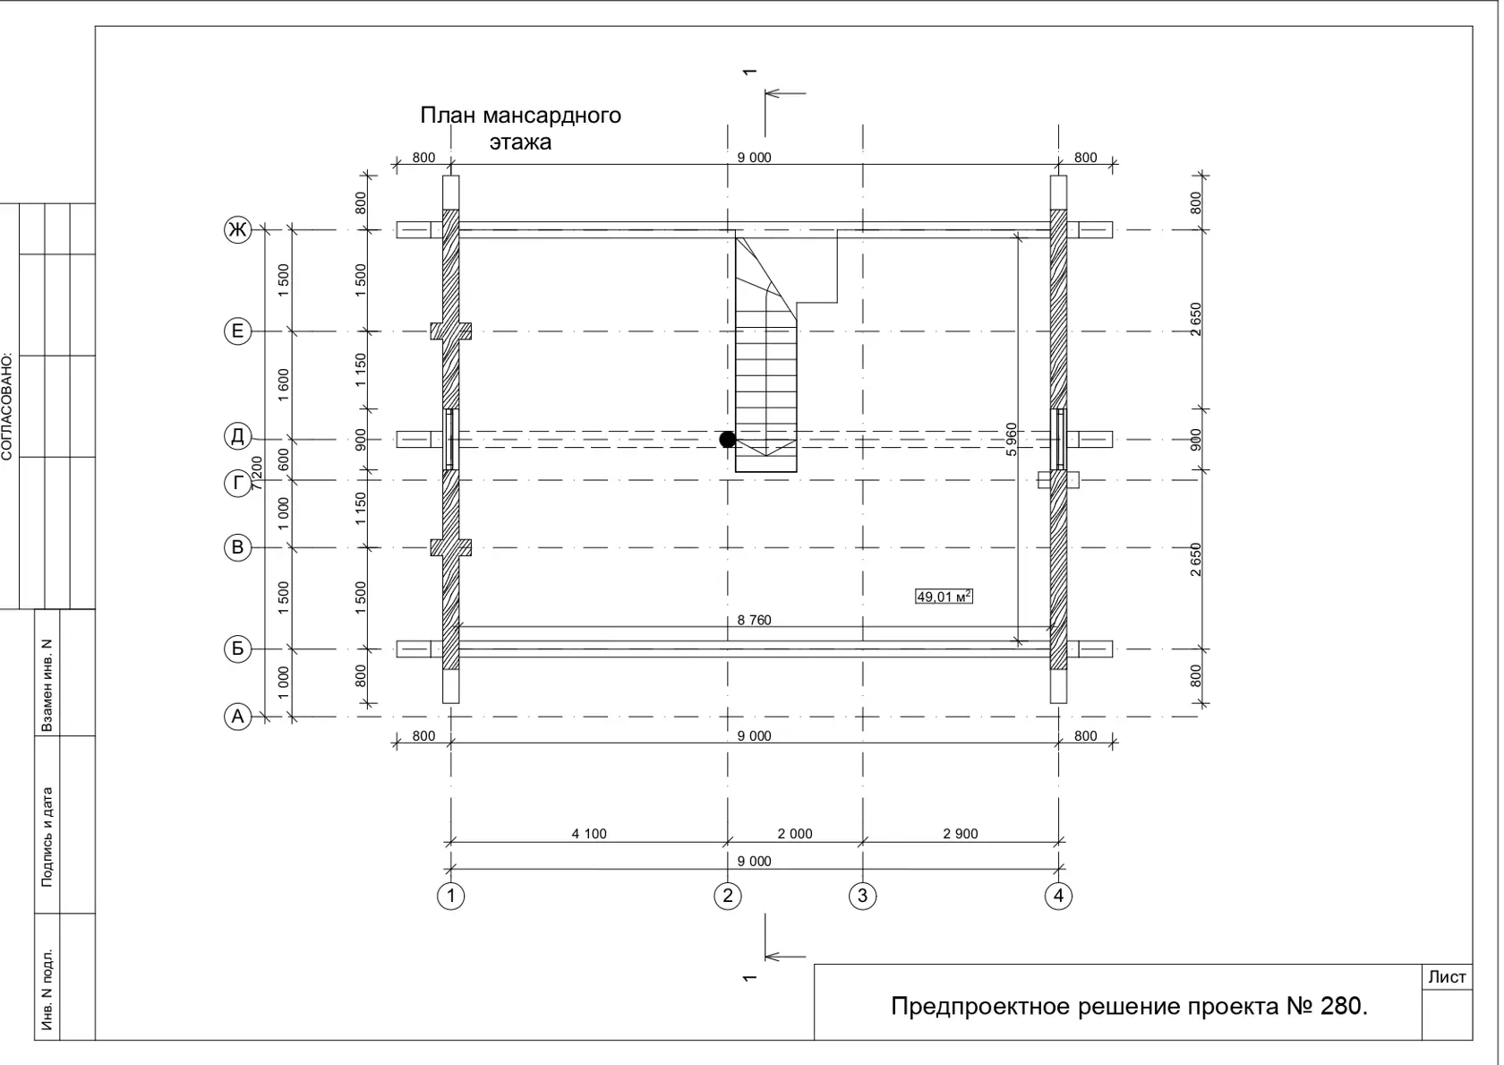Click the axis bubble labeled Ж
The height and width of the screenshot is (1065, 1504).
[x=238, y=230]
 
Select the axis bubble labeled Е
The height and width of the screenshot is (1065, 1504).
[x=238, y=331]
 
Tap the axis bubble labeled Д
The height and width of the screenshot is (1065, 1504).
[x=238, y=436]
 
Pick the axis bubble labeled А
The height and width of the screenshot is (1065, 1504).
[x=238, y=717]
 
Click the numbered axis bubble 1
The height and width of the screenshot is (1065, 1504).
[x=450, y=896]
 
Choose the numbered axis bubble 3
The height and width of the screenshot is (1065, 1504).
[x=863, y=896]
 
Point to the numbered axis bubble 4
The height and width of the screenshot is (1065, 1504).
[x=1059, y=896]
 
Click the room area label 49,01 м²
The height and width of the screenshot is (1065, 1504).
[x=944, y=597]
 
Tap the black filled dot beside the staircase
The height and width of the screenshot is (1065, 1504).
[x=728, y=440]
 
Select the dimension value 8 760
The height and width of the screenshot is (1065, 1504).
[x=754, y=620]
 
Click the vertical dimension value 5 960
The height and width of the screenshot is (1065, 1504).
[x=1012, y=440]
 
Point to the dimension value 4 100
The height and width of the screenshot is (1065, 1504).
[x=589, y=834]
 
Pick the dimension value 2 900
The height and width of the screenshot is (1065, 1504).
[x=960, y=834]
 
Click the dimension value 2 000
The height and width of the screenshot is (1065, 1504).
[x=795, y=834]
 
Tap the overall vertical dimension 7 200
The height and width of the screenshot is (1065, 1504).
[x=256, y=473]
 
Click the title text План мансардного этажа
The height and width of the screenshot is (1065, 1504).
[x=520, y=128]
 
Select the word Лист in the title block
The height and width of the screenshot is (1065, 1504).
[x=1447, y=977]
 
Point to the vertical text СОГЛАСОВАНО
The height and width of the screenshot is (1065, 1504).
[x=7, y=407]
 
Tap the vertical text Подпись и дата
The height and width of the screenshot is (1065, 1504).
[x=47, y=837]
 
